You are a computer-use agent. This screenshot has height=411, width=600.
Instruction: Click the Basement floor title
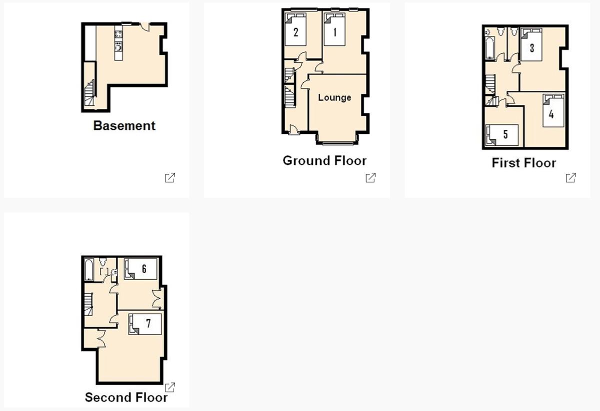pos(124,126)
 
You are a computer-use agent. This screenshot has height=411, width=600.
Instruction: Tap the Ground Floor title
pos(324,160)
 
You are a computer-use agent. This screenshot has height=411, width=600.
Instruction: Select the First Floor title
pos(524,163)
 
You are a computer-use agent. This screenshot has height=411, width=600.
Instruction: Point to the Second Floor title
pos(126,397)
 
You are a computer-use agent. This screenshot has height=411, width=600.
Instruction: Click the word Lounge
pos(334,97)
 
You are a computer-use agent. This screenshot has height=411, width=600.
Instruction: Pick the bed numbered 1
pos(334,29)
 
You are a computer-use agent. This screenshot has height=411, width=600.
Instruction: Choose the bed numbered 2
pos(295,29)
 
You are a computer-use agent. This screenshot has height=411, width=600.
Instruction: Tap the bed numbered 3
pos(531,44)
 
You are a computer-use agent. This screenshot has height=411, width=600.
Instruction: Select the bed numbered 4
pos(553,110)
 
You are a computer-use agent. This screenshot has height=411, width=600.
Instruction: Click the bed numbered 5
pos(502,135)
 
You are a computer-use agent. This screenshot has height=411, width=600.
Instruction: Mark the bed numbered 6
pos(140,269)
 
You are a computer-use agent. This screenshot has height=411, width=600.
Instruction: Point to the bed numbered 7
pos(145,324)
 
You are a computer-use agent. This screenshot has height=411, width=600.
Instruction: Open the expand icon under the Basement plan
pos(170,178)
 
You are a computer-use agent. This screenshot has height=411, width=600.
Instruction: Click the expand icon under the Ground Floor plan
pos(370,178)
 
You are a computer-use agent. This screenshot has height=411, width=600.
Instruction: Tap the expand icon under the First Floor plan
pos(571,178)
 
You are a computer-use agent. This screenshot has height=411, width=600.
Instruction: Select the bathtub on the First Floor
pos(490,48)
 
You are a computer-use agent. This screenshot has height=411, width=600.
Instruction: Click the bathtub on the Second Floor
pos(89,270)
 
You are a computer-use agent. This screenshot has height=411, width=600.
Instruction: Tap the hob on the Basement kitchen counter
pos(118,34)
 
